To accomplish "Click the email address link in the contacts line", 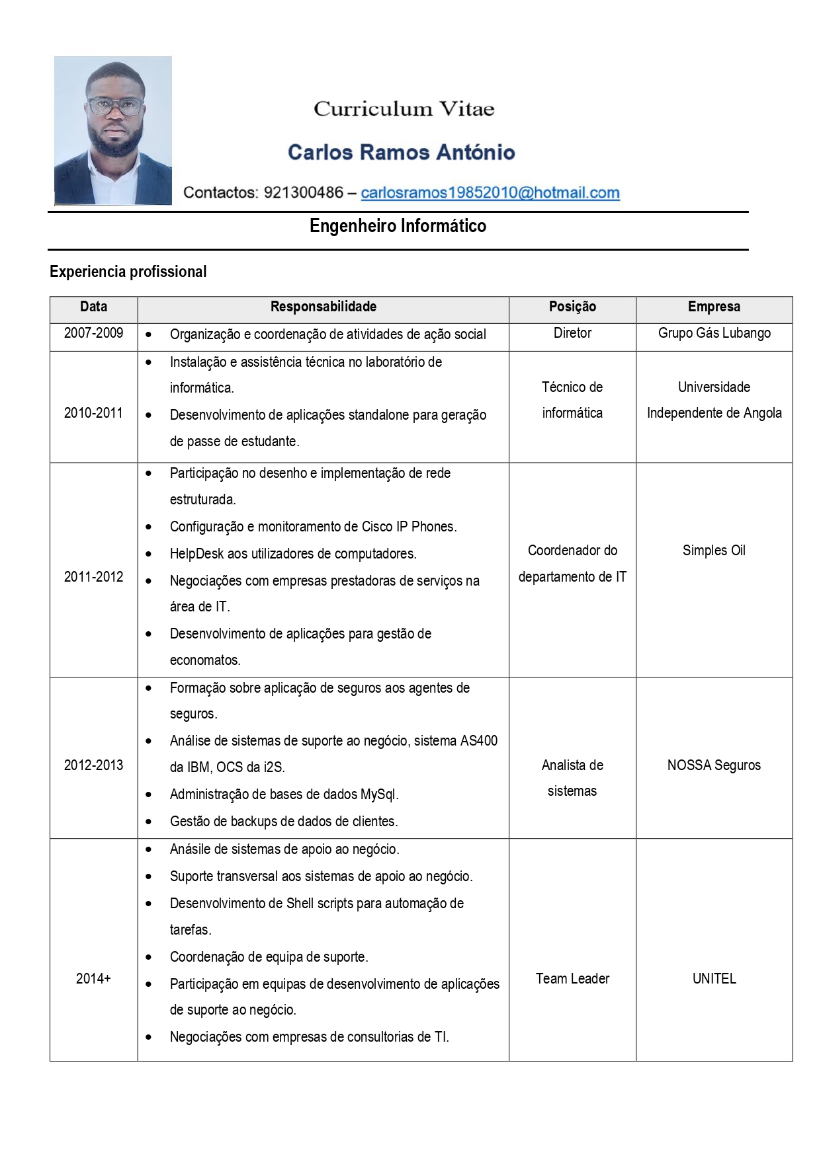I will [490, 192].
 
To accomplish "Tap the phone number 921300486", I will [303, 192].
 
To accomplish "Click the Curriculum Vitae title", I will [404, 108].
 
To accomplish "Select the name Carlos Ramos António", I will [401, 152].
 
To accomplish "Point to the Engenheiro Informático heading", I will [398, 226].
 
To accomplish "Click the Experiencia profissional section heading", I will [128, 272].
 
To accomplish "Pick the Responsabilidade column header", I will [323, 307].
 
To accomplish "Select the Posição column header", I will [572, 307].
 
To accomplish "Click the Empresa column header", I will [714, 307].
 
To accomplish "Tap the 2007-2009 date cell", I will [93, 333].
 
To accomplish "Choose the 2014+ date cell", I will [93, 978].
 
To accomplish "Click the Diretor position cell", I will [572, 333].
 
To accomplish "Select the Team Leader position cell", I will [572, 978].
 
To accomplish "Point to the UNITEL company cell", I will [714, 978].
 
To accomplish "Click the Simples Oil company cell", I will [714, 551].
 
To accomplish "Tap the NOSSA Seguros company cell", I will [714, 765].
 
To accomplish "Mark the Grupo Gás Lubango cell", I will [714, 333].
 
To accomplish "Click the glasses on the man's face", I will [115, 106].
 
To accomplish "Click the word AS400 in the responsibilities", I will [478, 741].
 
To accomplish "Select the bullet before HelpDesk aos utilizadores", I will [149, 554].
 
